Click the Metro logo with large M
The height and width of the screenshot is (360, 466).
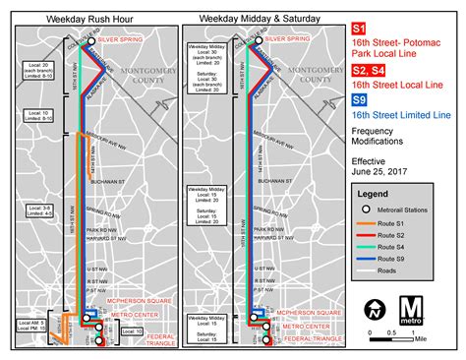click(x=413, y=311)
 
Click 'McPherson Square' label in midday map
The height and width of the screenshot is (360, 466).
click(x=307, y=313)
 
